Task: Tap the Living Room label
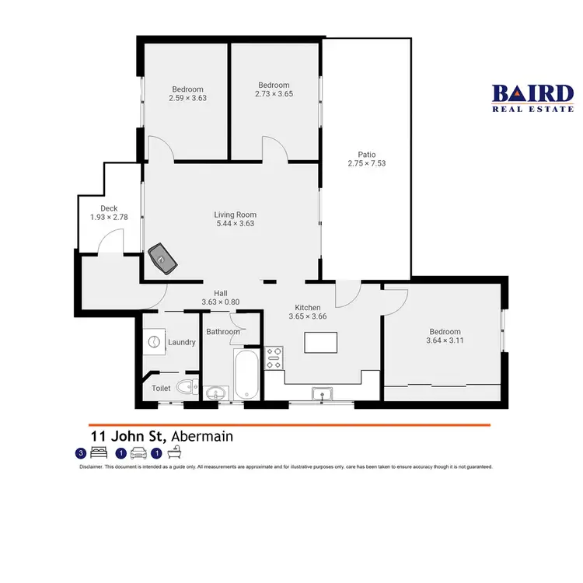[235, 215]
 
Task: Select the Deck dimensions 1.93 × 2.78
[103, 218]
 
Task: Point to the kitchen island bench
[320, 342]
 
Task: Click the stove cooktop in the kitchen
[274, 358]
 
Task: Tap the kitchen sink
[320, 393]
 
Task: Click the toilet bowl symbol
[186, 387]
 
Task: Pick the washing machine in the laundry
[154, 342]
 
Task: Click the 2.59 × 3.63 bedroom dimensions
[187, 98]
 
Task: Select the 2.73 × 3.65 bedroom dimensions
[274, 94]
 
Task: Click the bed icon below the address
[98, 453]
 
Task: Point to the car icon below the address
[138, 453]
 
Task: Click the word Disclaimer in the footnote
[95, 467]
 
